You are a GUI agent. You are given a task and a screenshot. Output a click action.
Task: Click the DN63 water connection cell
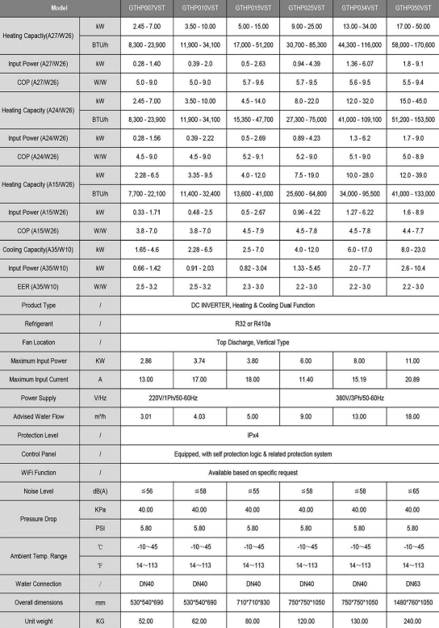(x=412, y=583)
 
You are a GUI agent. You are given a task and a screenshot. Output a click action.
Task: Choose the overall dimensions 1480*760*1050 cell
(x=412, y=601)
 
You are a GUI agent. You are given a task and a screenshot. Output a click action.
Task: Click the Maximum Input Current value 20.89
(x=412, y=378)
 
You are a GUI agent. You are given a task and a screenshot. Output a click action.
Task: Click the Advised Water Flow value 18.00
(x=412, y=417)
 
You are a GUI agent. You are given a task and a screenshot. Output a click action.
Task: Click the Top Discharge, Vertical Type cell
(x=278, y=339)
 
